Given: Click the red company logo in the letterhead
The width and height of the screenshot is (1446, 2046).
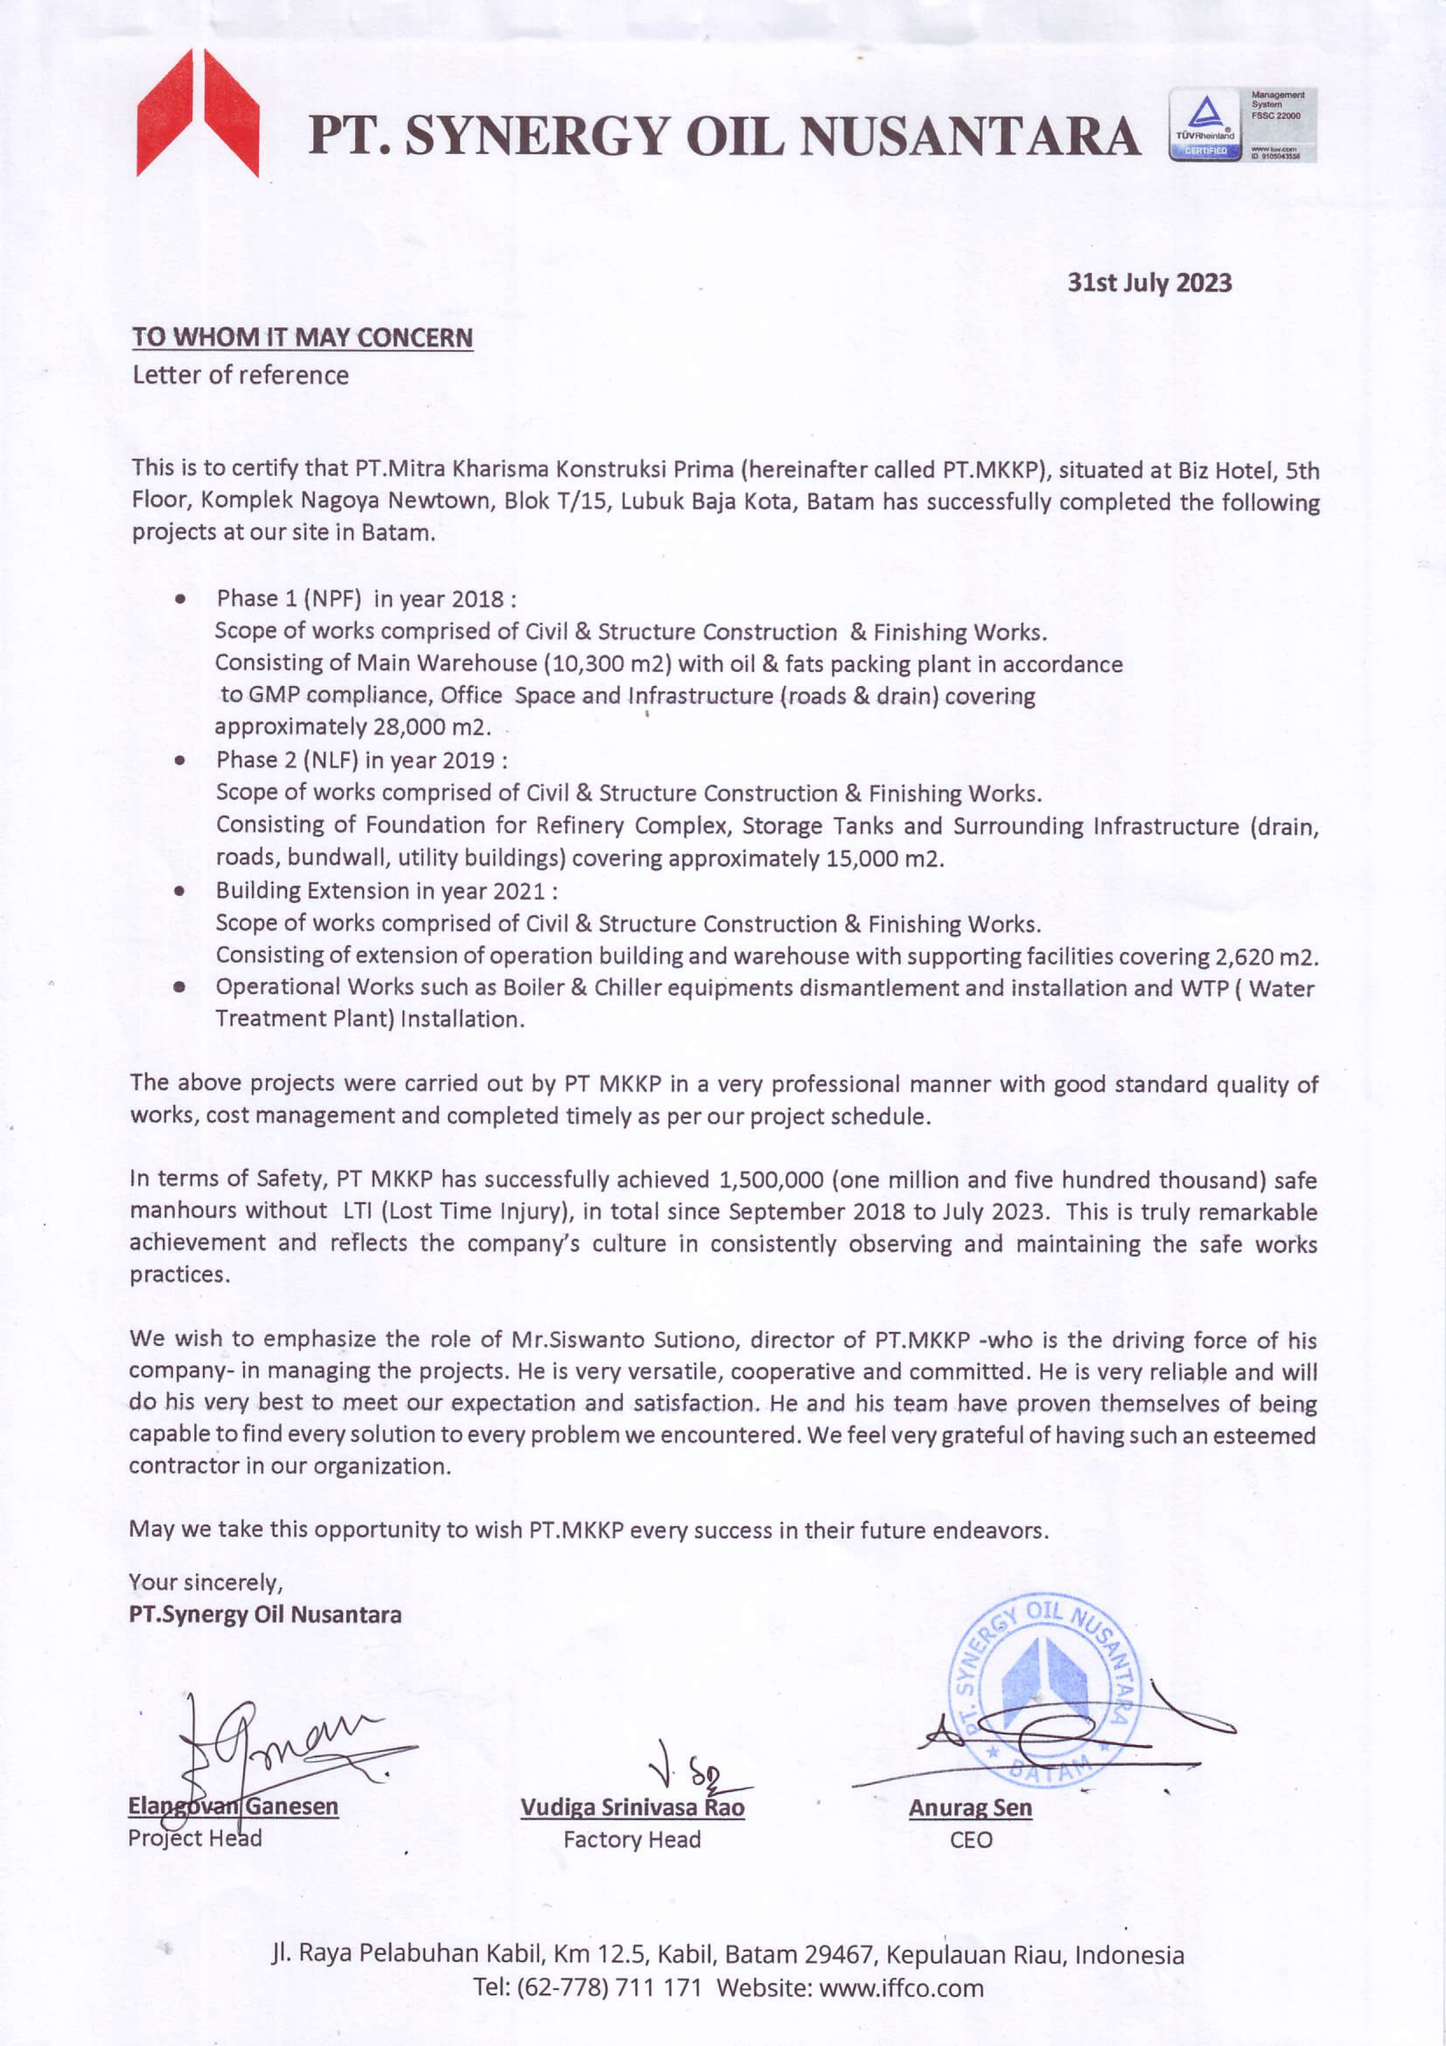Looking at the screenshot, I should pyautogui.click(x=198, y=113).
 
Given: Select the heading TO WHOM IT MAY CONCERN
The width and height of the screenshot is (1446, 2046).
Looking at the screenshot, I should pyautogui.click(x=302, y=338).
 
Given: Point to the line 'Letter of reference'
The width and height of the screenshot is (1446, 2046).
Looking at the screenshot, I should pyautogui.click(x=240, y=375).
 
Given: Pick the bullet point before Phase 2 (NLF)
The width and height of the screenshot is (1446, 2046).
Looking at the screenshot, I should pyautogui.click(x=181, y=760).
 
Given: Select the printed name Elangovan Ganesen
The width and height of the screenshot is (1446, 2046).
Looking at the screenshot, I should pyautogui.click(x=233, y=1806).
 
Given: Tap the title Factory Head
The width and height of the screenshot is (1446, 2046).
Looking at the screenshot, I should pyautogui.click(x=632, y=1839).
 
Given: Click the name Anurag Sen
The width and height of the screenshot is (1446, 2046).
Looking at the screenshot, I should pyautogui.click(x=970, y=1807).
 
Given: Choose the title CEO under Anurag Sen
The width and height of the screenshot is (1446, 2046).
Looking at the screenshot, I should pyautogui.click(x=970, y=1840).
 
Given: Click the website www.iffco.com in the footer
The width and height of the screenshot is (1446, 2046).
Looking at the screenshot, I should pyautogui.click(x=901, y=1988).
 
